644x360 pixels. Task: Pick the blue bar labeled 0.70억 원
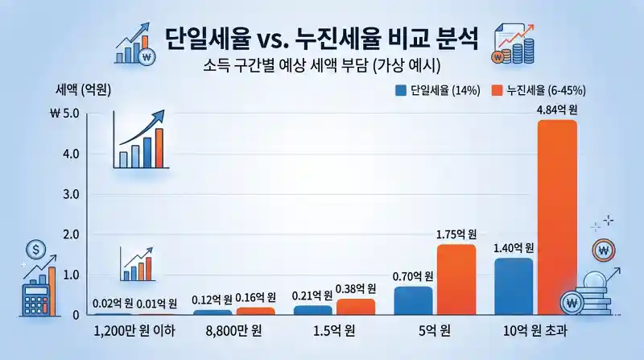tap(413, 300)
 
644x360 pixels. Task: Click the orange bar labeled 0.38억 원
tap(356, 307)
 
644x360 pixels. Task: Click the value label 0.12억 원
tap(212, 300)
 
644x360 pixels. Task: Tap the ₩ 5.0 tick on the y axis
tap(64, 114)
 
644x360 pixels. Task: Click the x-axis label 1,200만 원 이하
tap(132, 333)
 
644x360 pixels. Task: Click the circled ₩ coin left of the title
tap(147, 56)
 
